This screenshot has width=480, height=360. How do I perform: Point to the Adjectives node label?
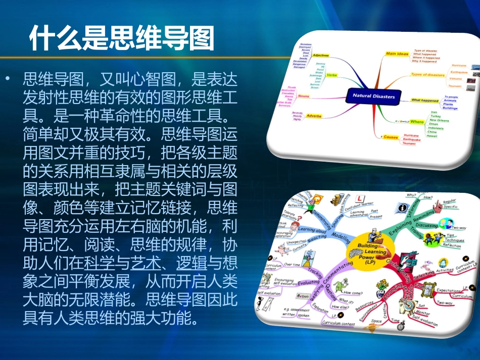pyautogui.click(x=321, y=55)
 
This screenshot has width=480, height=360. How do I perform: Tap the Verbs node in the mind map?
pyautogui.click(x=332, y=75)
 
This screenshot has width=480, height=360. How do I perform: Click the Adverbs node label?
pyautogui.click(x=314, y=116)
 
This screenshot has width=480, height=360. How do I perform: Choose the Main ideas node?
pyautogui.click(x=397, y=54)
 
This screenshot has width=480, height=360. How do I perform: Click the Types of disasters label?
pyautogui.click(x=427, y=75)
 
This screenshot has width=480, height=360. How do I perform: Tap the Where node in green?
pyautogui.click(x=417, y=122)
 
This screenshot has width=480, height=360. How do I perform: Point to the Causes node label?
pyautogui.click(x=391, y=137)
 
